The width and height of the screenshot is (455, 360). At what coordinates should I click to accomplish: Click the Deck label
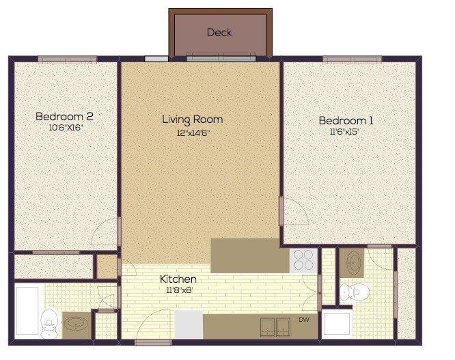[219, 32]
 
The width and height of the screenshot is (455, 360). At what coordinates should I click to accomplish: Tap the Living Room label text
[192, 120]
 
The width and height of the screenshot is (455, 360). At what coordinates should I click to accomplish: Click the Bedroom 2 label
[64, 116]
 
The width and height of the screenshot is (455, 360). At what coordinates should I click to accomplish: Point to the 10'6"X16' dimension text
[66, 128]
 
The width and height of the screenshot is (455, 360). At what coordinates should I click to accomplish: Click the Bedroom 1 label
[346, 121]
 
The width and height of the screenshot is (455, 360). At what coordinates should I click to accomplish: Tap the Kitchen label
[178, 279]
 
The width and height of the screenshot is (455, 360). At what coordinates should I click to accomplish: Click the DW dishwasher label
[304, 319]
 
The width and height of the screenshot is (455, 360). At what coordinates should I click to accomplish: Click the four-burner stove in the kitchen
[303, 260]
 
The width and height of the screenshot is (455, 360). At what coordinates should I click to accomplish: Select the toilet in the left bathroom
[49, 323]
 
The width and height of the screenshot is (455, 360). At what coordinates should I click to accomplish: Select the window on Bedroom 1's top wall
[351, 59]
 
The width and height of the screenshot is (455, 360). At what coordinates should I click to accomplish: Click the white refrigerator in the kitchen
[189, 324]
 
